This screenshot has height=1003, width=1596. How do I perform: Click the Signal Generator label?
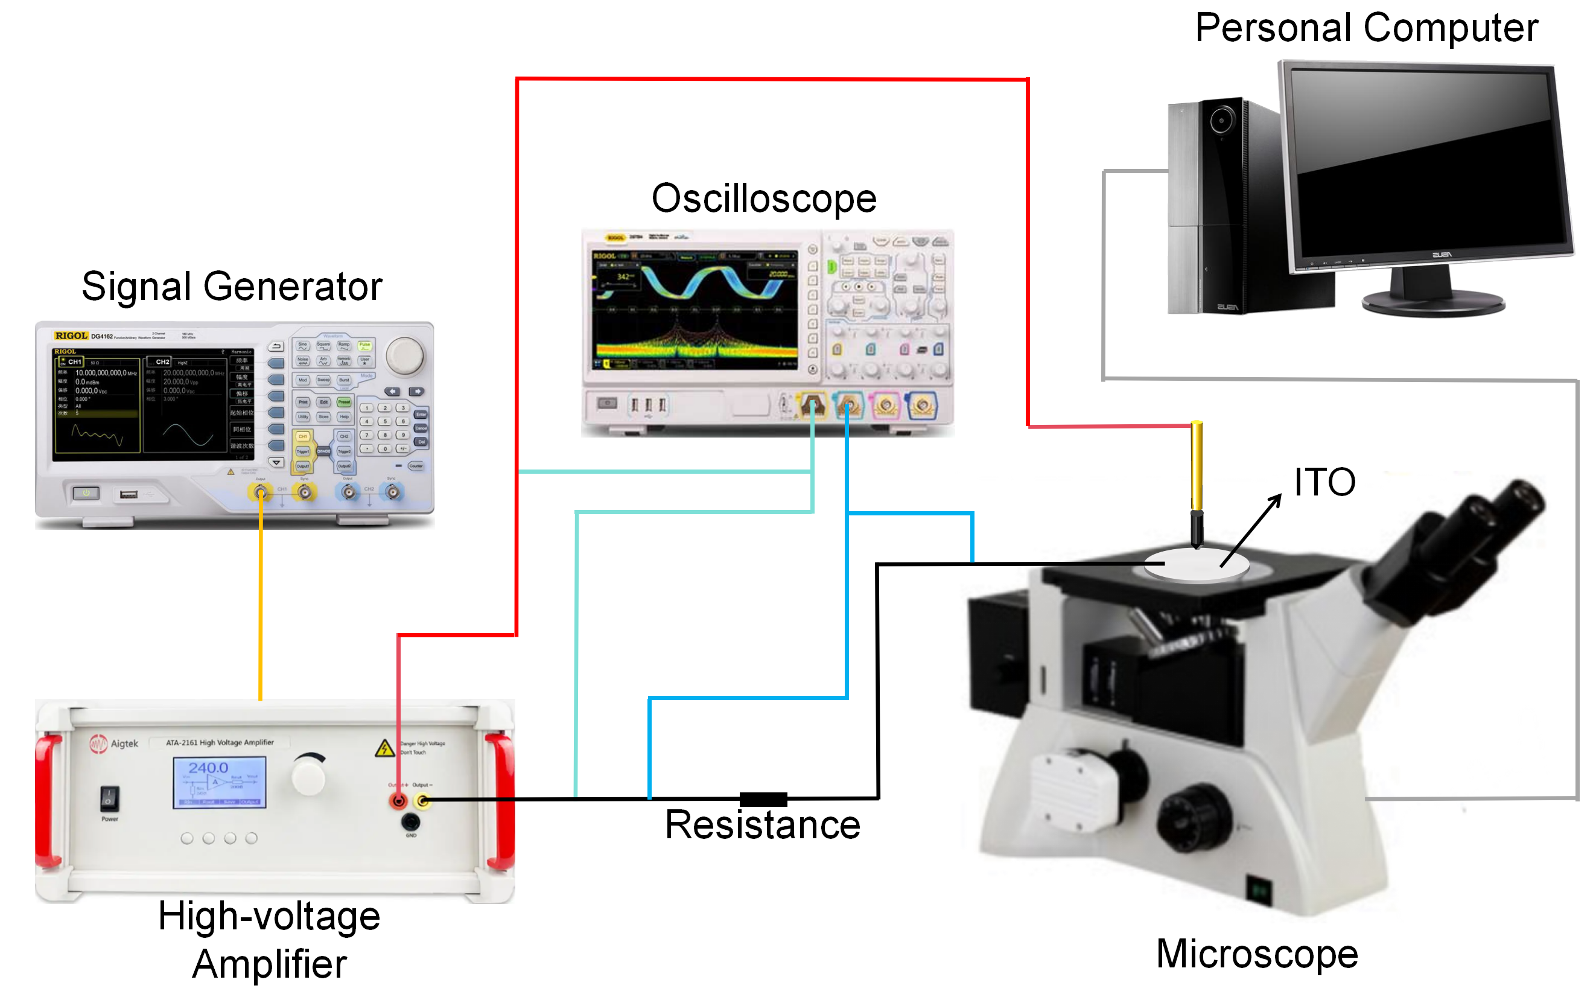232,287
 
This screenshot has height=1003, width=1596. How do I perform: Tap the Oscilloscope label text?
763,199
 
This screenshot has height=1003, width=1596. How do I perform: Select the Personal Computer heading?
1366,28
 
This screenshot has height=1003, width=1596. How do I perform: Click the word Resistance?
762,826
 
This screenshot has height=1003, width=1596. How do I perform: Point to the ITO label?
1324,482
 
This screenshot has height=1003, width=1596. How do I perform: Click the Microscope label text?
1257,955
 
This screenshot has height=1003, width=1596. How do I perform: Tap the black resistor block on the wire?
763,799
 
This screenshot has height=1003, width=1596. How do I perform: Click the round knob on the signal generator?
405,355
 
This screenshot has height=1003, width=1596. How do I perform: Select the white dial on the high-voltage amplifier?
309,775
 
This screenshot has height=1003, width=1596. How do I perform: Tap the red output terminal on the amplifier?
398,801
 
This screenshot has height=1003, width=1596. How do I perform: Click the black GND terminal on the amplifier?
411,823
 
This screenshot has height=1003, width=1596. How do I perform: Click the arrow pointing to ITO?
1251,530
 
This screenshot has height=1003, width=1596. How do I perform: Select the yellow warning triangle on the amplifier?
384,748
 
